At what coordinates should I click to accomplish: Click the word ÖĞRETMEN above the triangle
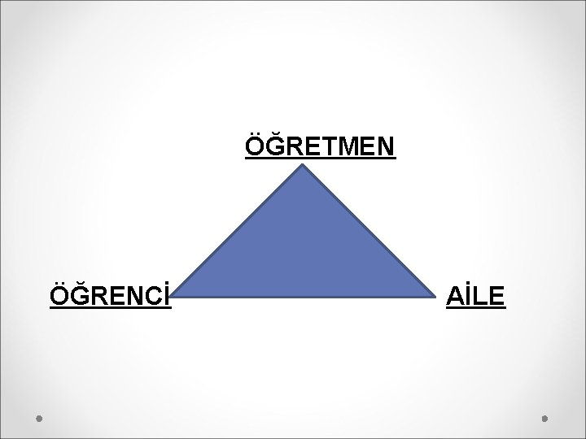click(x=320, y=147)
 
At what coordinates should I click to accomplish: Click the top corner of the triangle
click(x=304, y=166)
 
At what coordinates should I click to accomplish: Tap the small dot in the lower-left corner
click(x=40, y=419)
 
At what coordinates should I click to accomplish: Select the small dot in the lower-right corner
click(x=544, y=419)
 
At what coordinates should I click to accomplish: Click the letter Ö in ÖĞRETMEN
click(x=255, y=147)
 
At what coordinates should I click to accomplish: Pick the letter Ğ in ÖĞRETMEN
click(x=274, y=147)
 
